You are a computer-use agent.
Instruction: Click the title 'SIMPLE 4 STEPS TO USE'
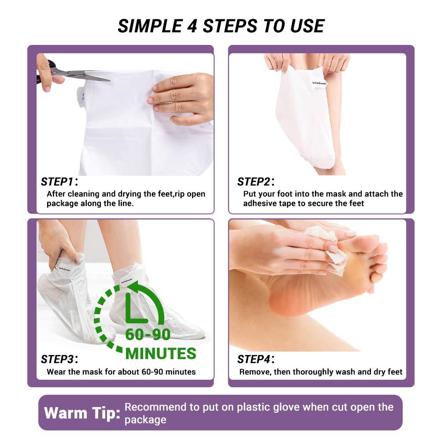pyautogui.click(x=221, y=26)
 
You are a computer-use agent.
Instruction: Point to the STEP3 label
pyautogui.click(x=58, y=359)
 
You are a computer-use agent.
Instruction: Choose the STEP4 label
pyautogui.click(x=254, y=359)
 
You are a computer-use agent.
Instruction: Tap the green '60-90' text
pyautogui.click(x=148, y=335)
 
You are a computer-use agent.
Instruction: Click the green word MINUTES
pyautogui.click(x=161, y=353)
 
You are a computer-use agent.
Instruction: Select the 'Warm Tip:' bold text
pyautogui.click(x=82, y=413)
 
